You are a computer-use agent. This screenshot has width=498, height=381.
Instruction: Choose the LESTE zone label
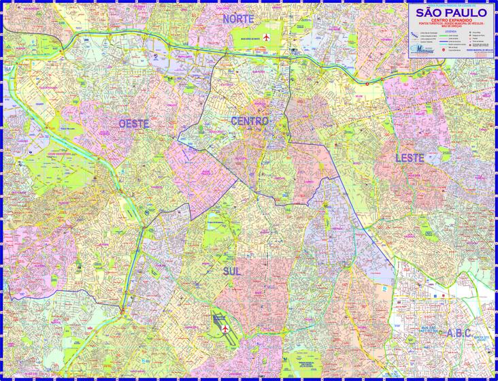(410, 158)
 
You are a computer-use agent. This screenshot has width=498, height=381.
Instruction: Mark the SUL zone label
(232, 271)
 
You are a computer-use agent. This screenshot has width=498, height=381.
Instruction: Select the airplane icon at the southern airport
(225, 328)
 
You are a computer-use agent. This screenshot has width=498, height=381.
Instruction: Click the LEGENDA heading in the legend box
(451, 32)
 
